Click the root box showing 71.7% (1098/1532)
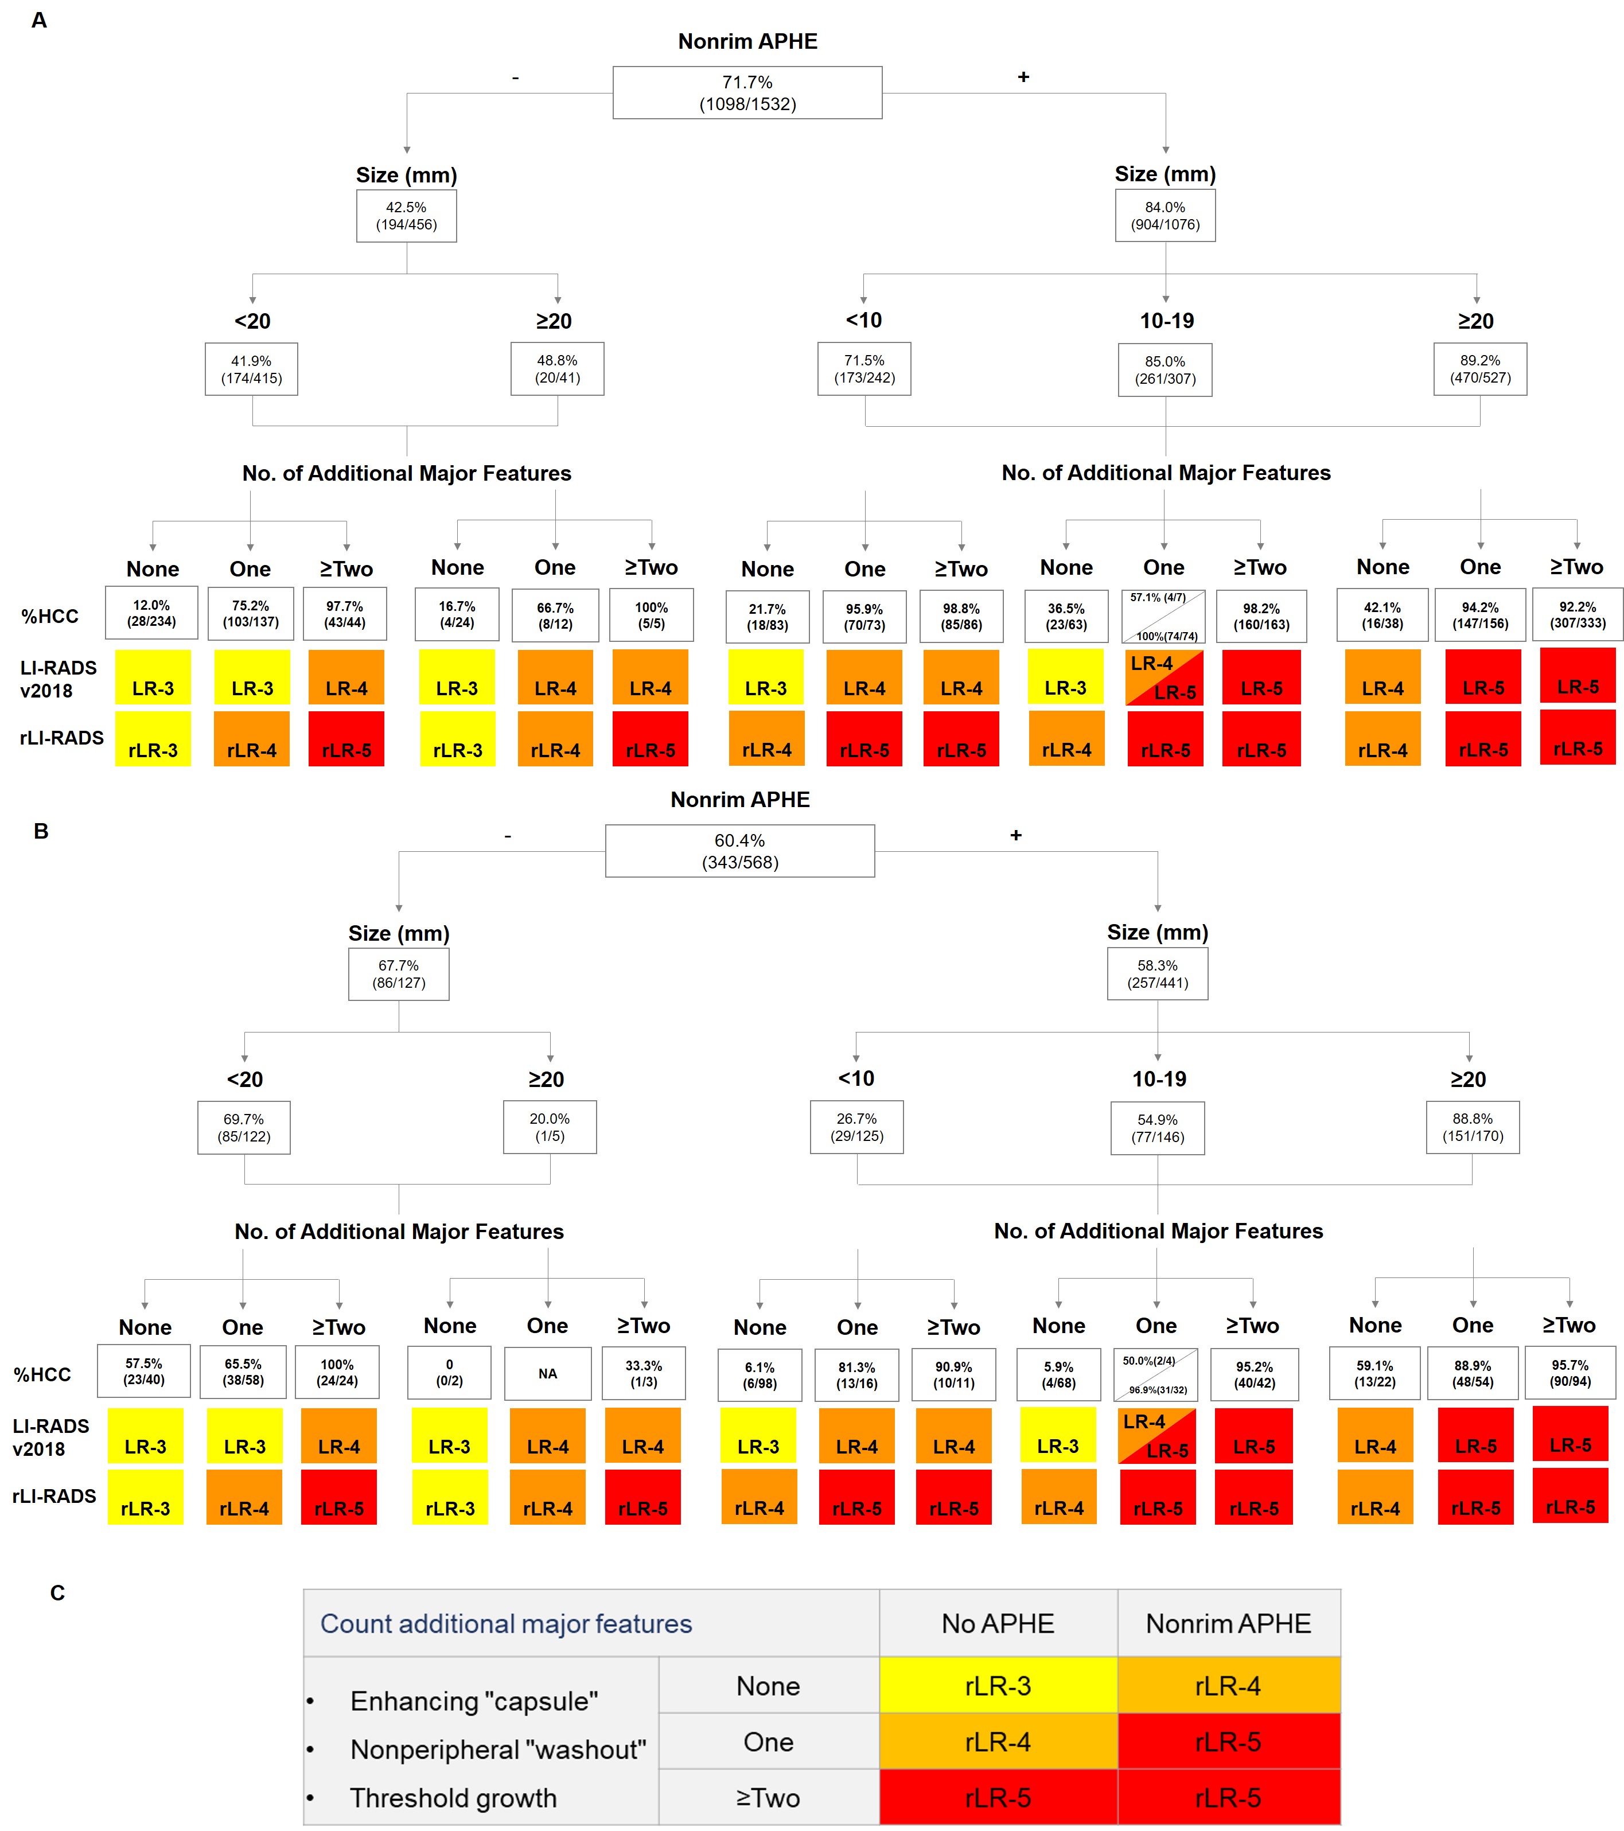click(x=746, y=92)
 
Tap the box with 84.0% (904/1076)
click(x=1165, y=215)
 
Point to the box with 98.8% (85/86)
click(x=960, y=616)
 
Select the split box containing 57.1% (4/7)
click(x=1163, y=616)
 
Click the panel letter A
click(x=38, y=20)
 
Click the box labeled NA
click(x=547, y=1373)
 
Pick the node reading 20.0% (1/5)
click(x=549, y=1127)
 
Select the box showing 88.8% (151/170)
click(x=1472, y=1127)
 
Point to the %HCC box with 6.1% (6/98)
click(x=759, y=1375)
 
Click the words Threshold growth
click(x=453, y=1797)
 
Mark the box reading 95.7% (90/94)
click(x=1570, y=1372)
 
